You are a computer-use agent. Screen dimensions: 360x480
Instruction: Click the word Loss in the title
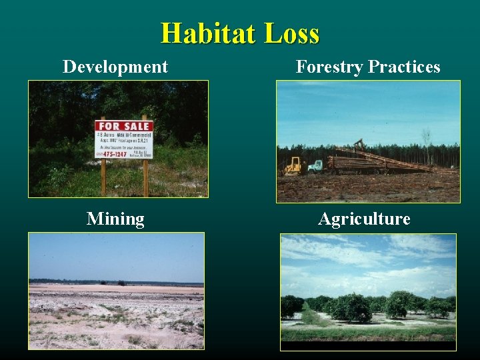pos(291,33)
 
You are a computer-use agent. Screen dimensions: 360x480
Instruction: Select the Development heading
pos(115,67)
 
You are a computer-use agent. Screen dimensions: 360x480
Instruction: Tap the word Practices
pos(404,67)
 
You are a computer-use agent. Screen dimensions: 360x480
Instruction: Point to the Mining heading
pos(115,219)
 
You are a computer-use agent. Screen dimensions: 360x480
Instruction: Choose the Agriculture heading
pos(364,219)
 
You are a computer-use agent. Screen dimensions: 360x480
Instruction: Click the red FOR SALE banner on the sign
pos(123,125)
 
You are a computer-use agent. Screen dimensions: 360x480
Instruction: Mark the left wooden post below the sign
pos(103,177)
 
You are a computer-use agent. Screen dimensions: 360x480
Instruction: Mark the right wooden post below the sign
pos(145,177)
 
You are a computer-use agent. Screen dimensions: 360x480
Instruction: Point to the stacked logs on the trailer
pos(360,164)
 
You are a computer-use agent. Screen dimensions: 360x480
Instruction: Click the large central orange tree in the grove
pos(352,308)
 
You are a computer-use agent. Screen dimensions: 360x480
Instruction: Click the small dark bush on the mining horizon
pos(121,283)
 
